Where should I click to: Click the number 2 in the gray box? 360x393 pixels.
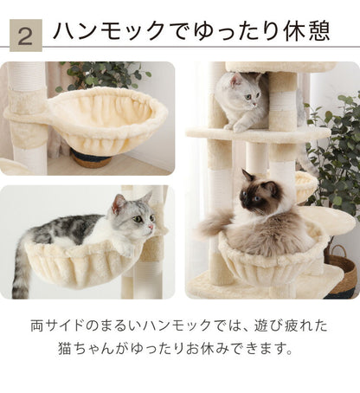coord(26,35)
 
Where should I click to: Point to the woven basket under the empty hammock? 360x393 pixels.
coord(92,159)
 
